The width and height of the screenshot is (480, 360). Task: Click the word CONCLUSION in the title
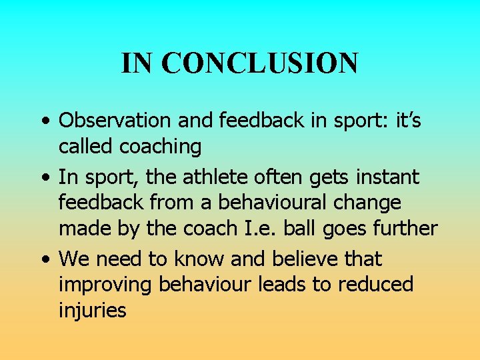point(259,63)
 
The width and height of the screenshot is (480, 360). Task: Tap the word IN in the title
point(137,63)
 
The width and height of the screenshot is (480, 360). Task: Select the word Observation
point(114,121)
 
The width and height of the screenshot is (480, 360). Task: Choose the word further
point(407,228)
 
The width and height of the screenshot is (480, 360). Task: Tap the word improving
point(106,285)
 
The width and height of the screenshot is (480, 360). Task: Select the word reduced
point(375,284)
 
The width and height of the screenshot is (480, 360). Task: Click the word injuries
point(93,310)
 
